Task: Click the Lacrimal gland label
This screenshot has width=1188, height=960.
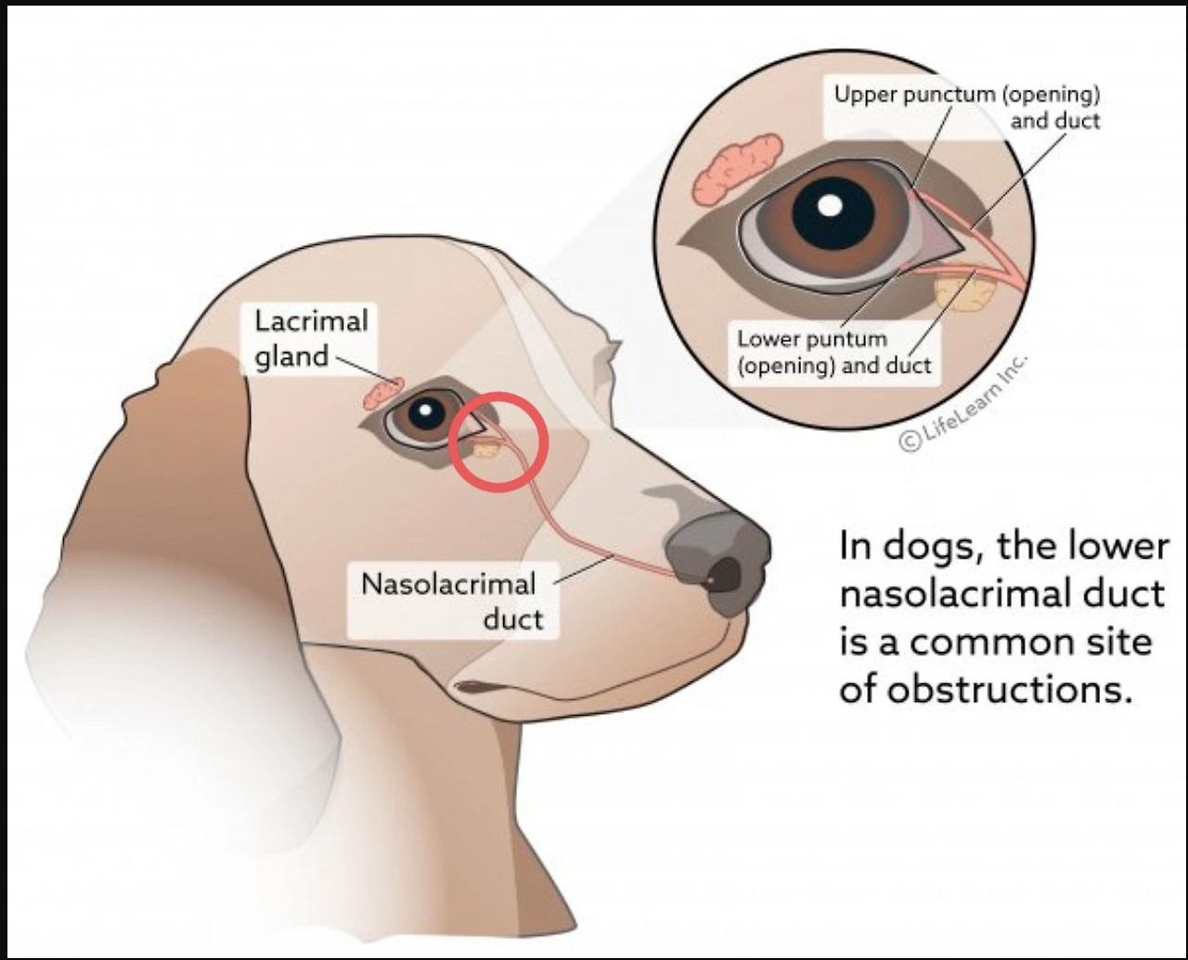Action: pyautogui.click(x=311, y=340)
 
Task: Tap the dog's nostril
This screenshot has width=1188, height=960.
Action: pyautogui.click(x=725, y=577)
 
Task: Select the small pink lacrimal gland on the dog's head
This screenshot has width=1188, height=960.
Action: pyautogui.click(x=383, y=393)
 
